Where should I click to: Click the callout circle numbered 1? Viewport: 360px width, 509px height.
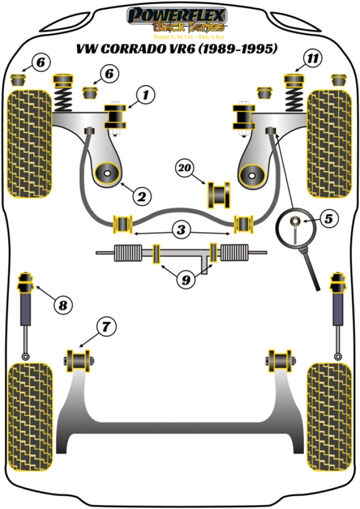[x=146, y=96]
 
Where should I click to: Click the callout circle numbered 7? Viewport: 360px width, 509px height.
[x=106, y=327]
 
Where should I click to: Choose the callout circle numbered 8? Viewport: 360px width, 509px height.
[x=63, y=304]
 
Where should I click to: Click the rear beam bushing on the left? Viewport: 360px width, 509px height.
[x=79, y=361]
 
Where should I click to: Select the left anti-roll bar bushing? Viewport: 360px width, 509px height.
[x=122, y=223]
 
